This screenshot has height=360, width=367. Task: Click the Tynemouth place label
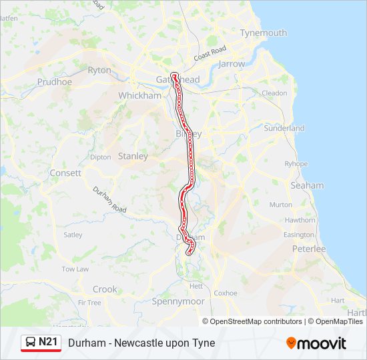(263, 33)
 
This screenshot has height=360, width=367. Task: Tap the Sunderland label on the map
(284, 128)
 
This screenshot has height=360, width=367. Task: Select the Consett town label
(65, 173)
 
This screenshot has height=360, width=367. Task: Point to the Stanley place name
(133, 156)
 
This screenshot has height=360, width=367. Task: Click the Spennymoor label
(178, 301)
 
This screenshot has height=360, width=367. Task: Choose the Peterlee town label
(309, 249)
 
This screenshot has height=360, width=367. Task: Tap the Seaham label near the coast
(307, 185)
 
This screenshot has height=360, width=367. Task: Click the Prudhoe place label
(54, 82)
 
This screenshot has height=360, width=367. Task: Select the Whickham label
(140, 95)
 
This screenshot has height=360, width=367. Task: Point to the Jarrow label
(232, 64)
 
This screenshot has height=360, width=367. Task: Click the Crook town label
(105, 289)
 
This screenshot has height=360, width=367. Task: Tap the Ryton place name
(99, 70)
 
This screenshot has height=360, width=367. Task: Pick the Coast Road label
(210, 53)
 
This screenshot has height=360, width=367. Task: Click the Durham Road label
(109, 199)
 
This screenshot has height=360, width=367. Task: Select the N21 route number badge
(48, 342)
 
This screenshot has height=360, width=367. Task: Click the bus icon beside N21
(31, 343)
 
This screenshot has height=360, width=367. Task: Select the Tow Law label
(75, 269)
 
